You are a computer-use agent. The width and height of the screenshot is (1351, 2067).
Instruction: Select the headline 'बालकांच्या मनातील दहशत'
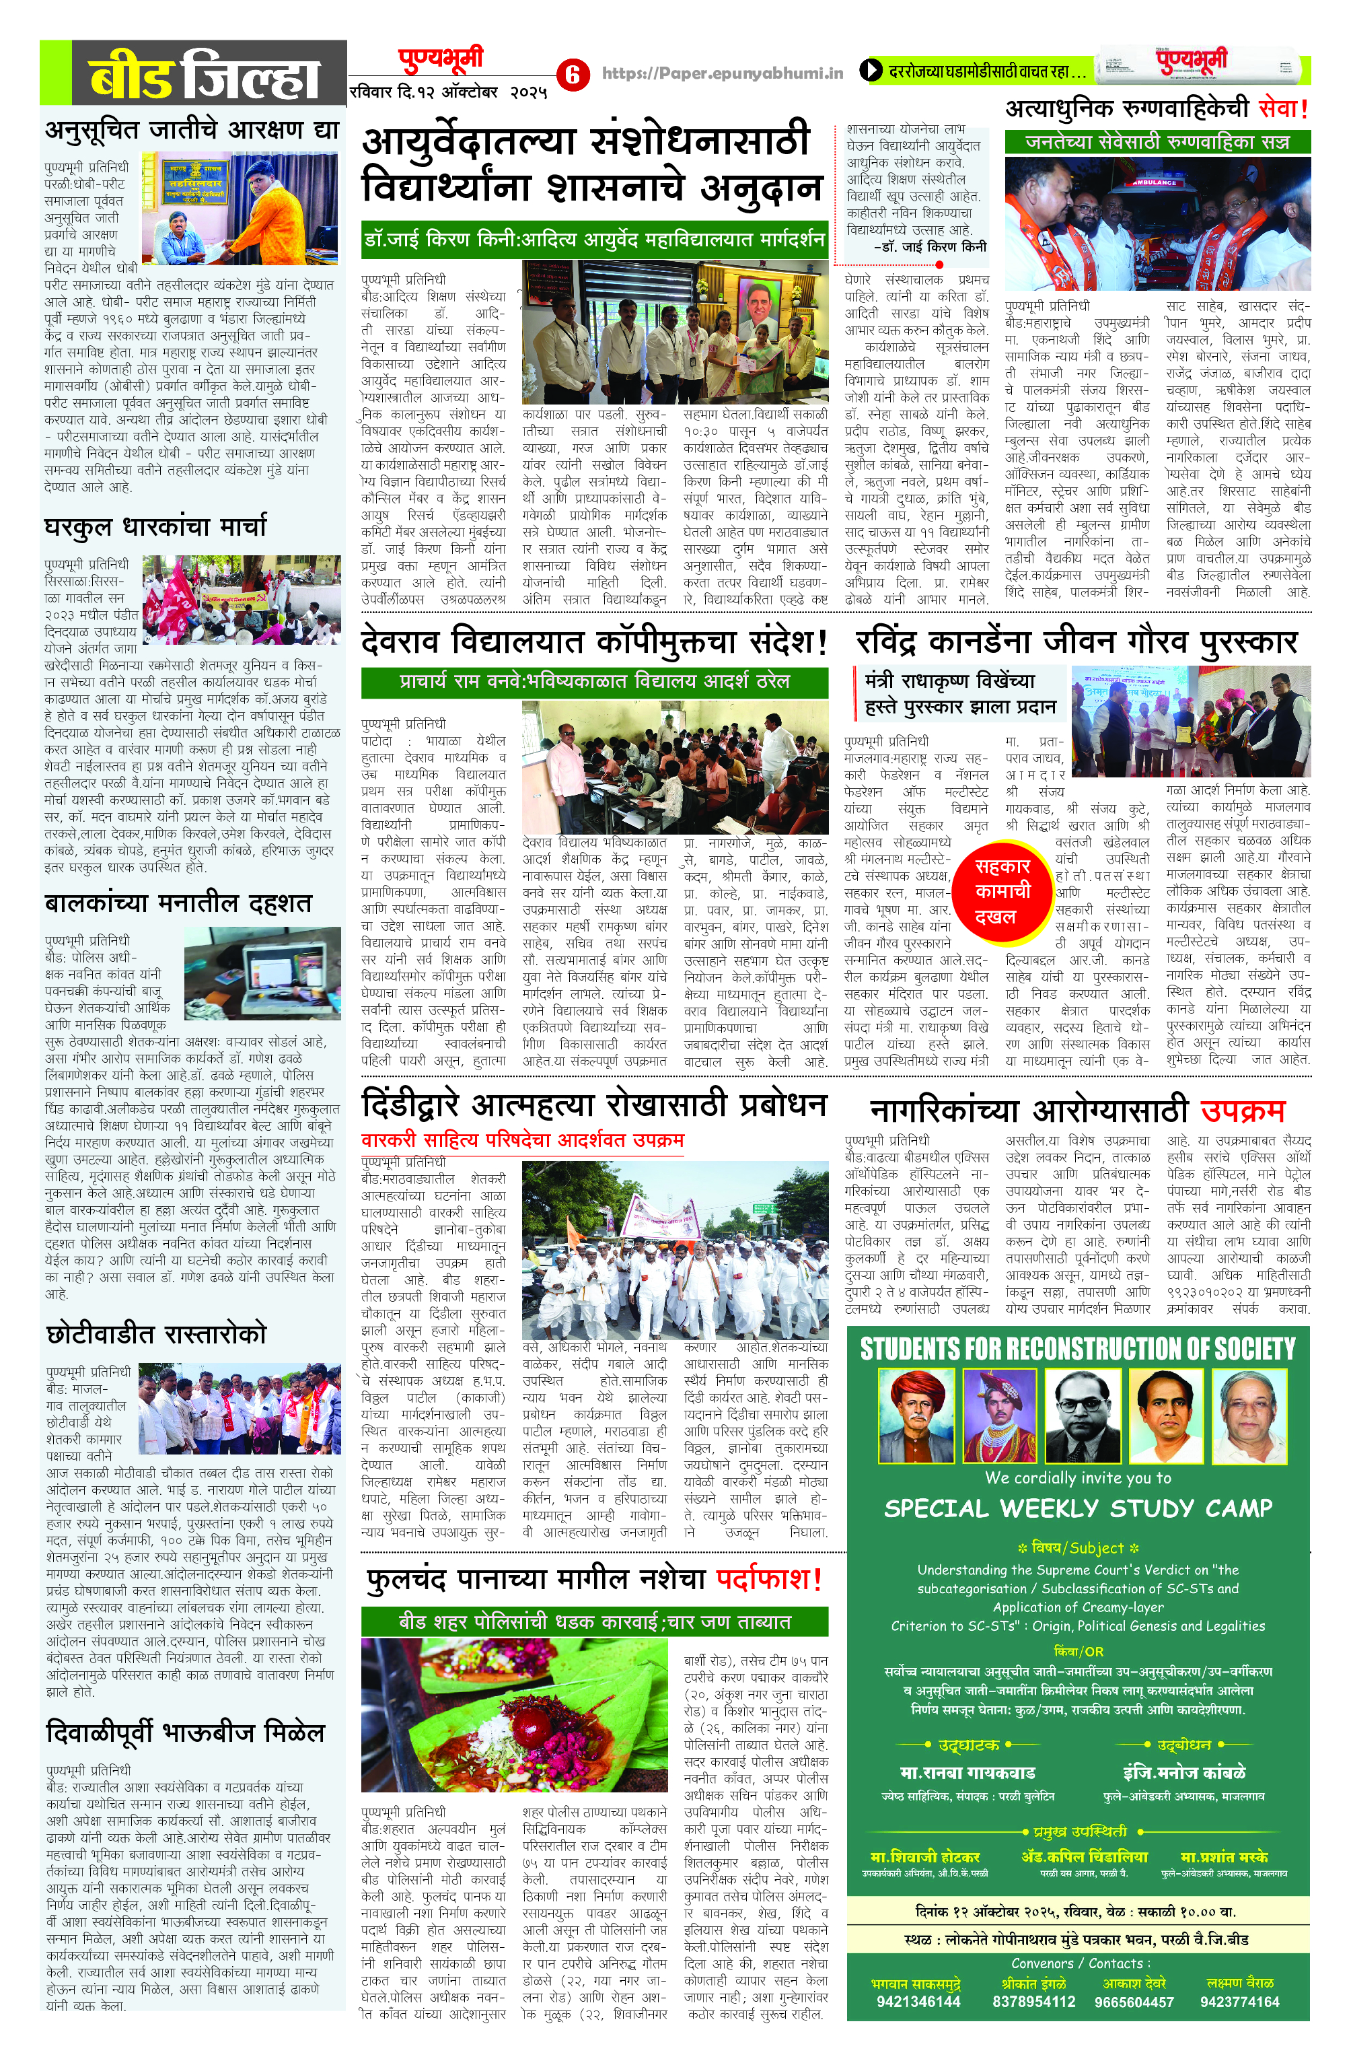tap(178, 903)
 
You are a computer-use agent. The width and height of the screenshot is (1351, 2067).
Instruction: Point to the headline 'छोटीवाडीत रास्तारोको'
tap(156, 1333)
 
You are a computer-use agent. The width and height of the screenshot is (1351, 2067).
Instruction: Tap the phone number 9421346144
tap(918, 2026)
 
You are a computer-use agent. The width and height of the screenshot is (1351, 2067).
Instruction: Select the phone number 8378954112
tap(1033, 2026)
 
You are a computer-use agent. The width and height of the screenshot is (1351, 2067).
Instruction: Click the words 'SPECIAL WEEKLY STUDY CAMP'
tap(1077, 1508)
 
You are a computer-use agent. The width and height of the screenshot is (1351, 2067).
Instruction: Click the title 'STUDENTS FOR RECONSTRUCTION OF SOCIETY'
tap(1077, 1349)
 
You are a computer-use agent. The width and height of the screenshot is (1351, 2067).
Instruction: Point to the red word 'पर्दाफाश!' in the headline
tap(769, 1578)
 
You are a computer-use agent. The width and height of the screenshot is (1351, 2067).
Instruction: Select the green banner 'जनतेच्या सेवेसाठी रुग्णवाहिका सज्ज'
tap(1157, 141)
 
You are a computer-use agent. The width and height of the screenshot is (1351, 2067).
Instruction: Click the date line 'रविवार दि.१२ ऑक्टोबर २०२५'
tap(448, 92)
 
